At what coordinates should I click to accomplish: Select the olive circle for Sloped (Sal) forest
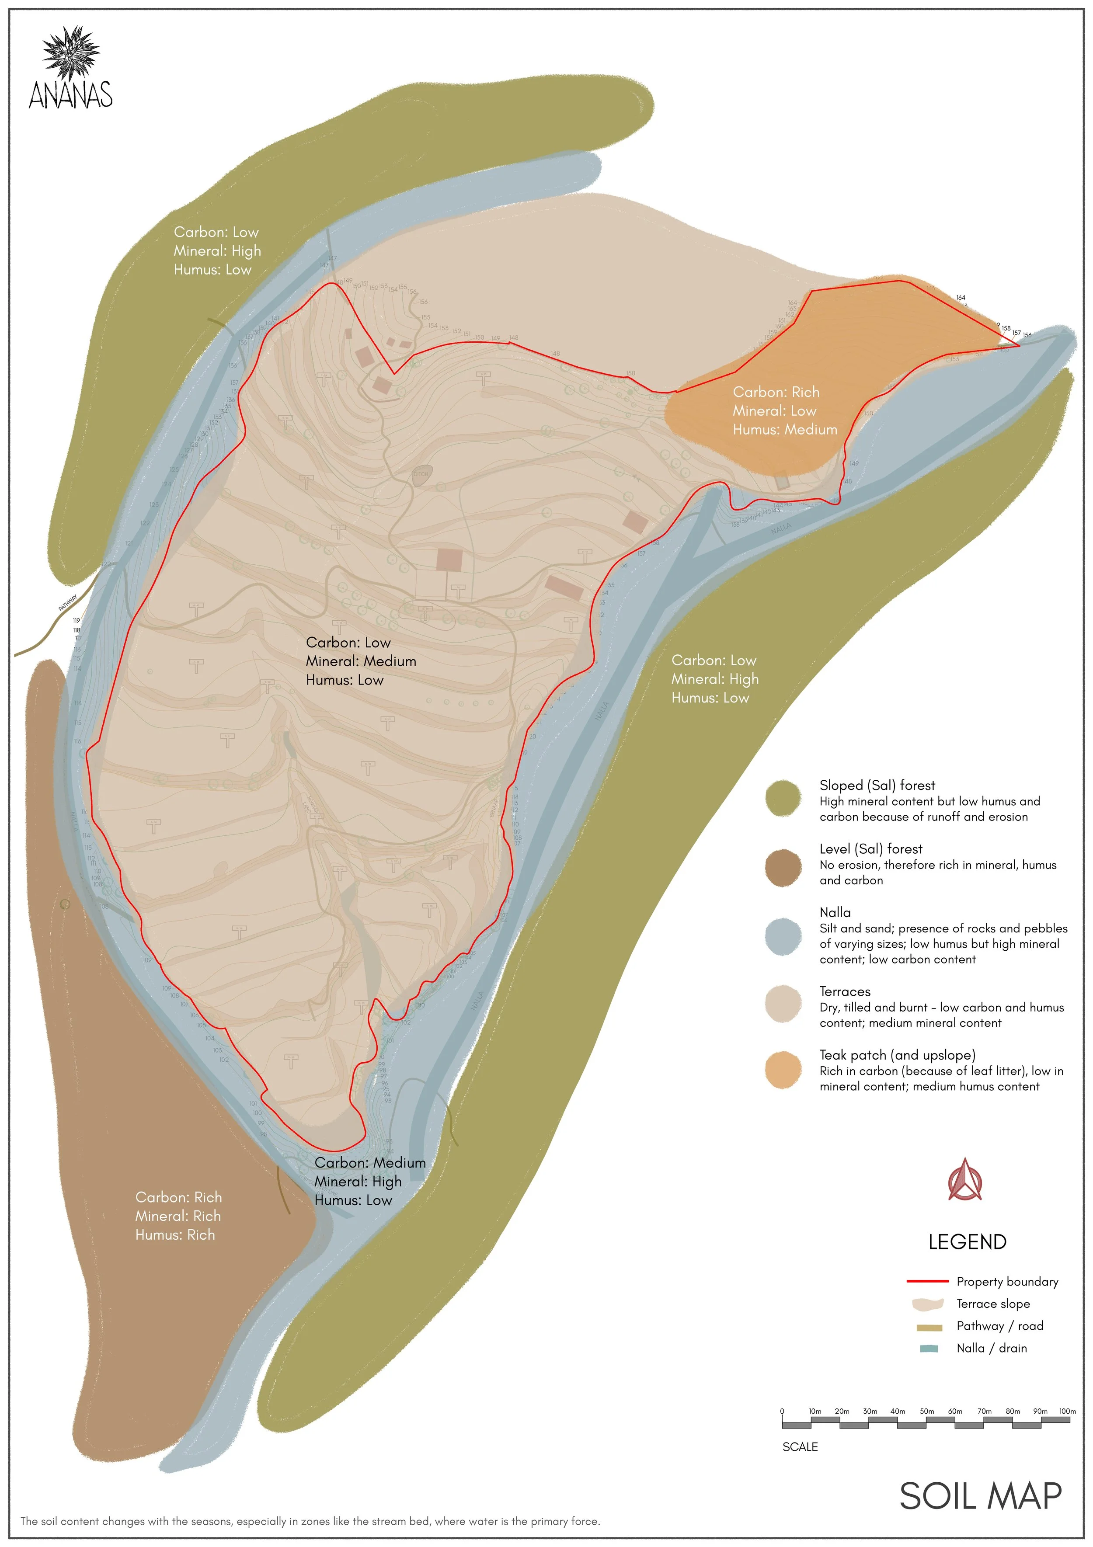tap(783, 799)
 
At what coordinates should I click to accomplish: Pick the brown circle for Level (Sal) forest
tap(783, 868)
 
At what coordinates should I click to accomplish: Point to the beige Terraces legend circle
tap(783, 1004)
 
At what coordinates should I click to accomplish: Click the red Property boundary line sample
tap(927, 1281)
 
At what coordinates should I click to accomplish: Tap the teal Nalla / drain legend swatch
tap(929, 1348)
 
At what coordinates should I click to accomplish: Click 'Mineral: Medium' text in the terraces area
tap(361, 661)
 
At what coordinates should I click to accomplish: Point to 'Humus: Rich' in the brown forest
tap(174, 1234)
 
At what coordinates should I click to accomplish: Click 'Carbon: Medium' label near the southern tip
tap(369, 1162)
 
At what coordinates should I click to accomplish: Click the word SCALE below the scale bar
tap(800, 1446)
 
